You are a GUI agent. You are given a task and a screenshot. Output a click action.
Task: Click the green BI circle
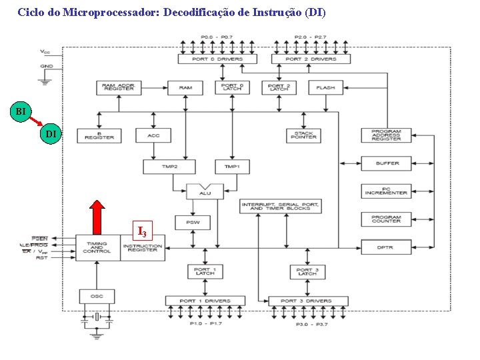pos(21,111)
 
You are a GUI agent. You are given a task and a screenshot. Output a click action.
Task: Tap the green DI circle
pos(51,135)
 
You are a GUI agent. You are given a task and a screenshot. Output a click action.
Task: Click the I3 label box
pos(142,231)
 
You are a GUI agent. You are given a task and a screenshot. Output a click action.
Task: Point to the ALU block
pos(205,191)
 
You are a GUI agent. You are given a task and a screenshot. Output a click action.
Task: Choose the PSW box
pos(192,223)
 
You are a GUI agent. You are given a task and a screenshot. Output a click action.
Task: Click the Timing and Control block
pos(97,247)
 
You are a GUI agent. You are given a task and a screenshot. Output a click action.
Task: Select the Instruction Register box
pos(143,247)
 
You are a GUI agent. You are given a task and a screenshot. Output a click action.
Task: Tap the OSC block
pos(97,296)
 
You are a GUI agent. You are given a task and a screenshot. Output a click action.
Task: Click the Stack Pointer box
pos(303,135)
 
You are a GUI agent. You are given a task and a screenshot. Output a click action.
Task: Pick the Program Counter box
pos(386,219)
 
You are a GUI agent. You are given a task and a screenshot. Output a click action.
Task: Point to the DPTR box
pos(386,247)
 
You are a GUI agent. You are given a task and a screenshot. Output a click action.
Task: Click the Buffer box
pos(386,163)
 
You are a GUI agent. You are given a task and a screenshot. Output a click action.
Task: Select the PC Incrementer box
pos(386,191)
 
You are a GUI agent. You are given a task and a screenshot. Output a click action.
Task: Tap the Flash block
pos(325,87)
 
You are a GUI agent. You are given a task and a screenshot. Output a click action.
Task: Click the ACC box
pos(153,135)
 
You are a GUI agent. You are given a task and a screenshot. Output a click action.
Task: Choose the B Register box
pos(99,135)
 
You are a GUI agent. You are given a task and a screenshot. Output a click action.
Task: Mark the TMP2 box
pos(169,166)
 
